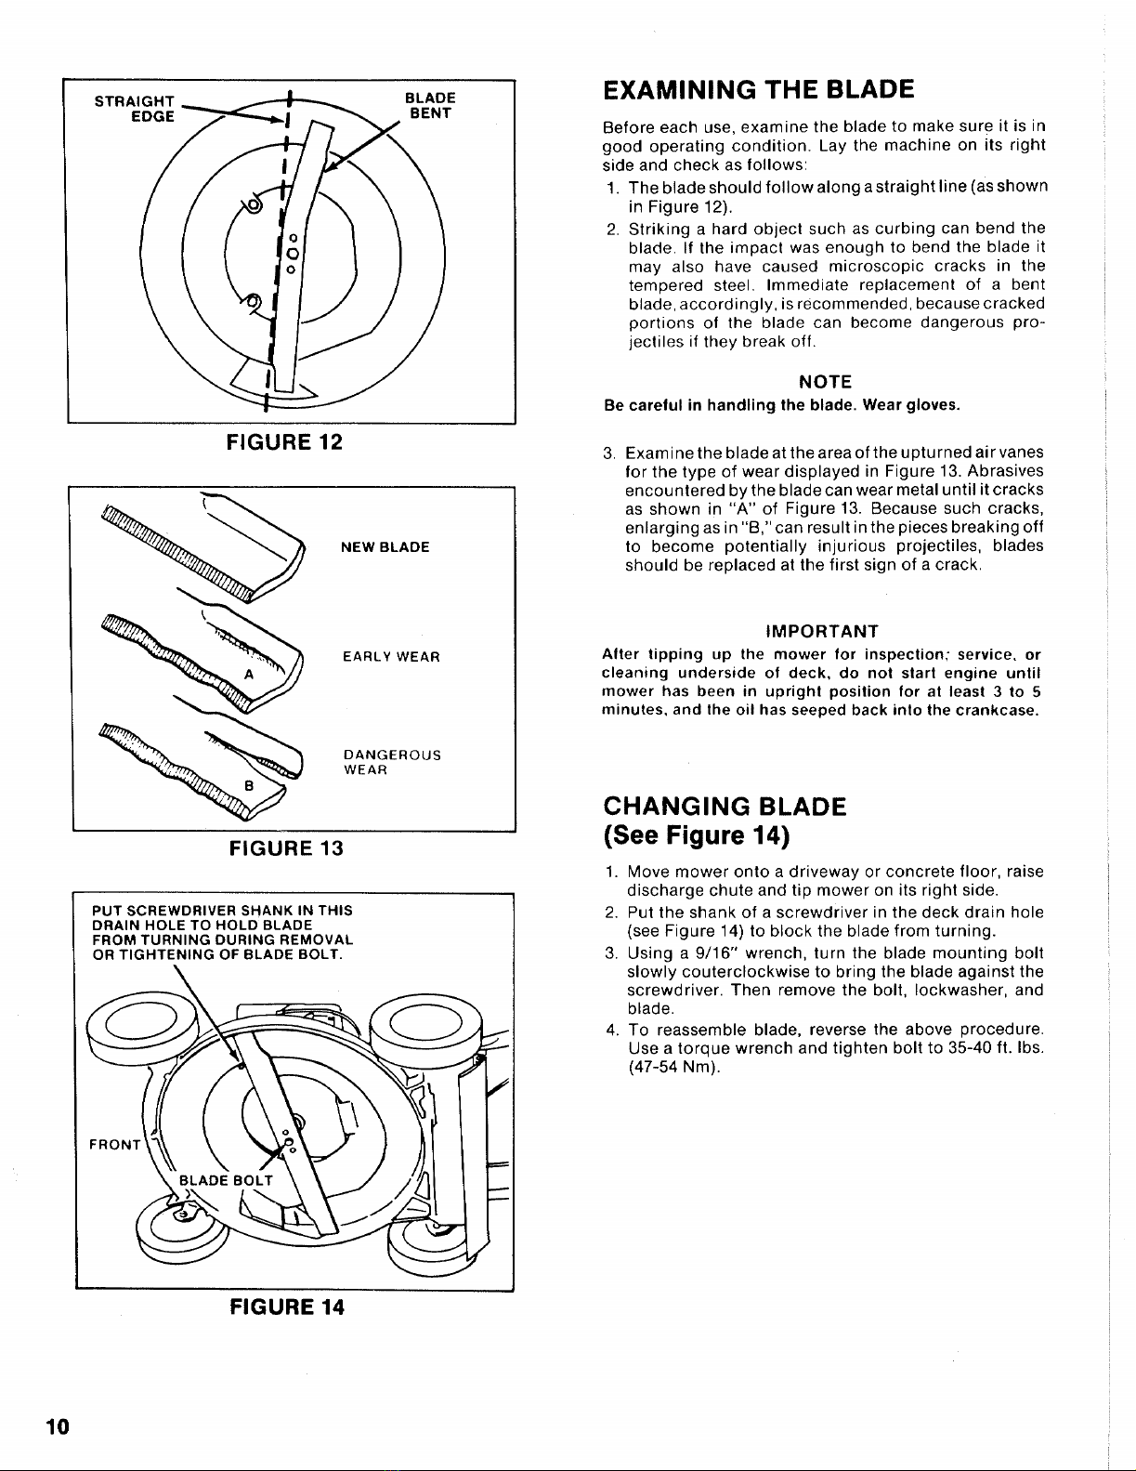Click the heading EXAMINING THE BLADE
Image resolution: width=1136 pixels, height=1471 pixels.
[758, 89]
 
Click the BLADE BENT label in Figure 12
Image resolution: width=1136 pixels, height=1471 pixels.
[431, 106]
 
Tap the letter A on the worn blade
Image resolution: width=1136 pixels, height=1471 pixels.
[248, 675]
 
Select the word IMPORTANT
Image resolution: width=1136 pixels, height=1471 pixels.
[823, 632]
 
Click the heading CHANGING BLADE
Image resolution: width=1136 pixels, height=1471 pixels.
[725, 806]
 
